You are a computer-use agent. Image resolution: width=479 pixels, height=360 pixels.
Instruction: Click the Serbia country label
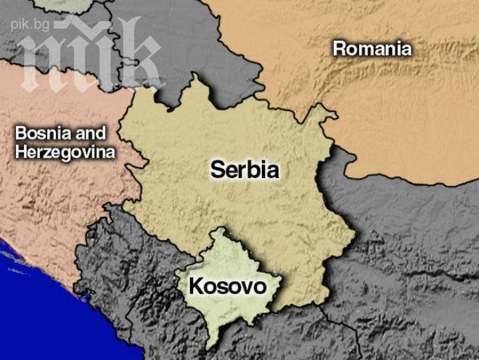click(245, 169)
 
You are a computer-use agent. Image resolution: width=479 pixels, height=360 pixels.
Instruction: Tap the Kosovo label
click(228, 286)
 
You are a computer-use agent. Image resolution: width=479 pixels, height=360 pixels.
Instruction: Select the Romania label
click(372, 49)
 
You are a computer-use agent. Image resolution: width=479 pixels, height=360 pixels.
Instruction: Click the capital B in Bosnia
click(21, 134)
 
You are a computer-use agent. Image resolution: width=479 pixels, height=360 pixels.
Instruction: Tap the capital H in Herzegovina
click(20, 153)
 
